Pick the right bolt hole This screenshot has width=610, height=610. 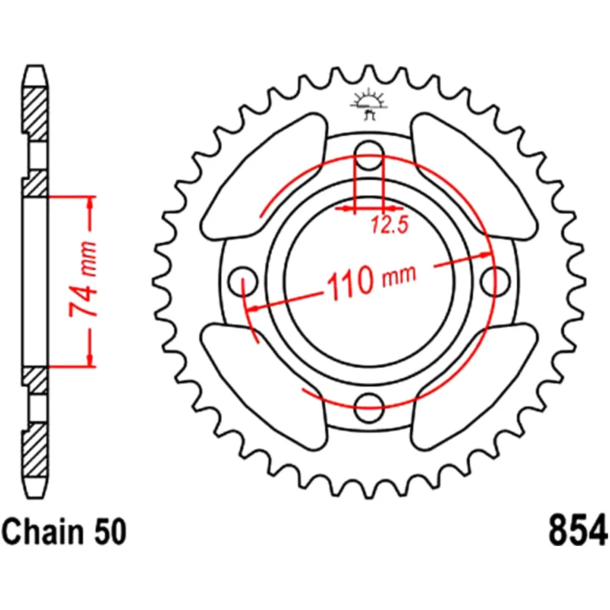click(x=493, y=280)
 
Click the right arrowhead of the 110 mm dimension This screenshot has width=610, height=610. click(x=485, y=254)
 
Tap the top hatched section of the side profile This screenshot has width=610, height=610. click(x=35, y=110)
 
